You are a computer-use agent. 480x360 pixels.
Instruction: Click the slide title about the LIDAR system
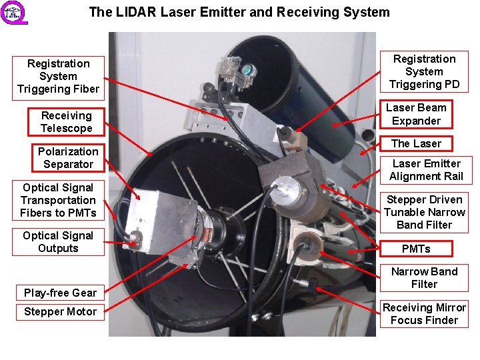[239, 12]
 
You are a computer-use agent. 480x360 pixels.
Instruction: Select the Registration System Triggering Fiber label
[58, 77]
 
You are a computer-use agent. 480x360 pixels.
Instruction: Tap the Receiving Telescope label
[66, 122]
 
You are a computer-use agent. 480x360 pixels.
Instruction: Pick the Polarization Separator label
[68, 158]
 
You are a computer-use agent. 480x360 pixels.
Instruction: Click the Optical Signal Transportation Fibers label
[58, 200]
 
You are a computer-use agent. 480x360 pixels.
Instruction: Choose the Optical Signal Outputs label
[58, 242]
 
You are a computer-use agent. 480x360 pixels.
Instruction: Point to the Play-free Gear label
[60, 293]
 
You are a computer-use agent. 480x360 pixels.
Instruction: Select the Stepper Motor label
[60, 311]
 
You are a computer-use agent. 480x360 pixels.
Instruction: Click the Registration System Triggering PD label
[424, 71]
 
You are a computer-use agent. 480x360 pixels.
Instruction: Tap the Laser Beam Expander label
[416, 114]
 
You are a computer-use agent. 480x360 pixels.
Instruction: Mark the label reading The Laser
[416, 143]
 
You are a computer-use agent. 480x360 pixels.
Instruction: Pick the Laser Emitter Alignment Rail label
[426, 170]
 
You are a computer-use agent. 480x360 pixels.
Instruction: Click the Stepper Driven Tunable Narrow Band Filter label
[424, 212]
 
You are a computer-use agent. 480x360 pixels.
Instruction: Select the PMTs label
[416, 249]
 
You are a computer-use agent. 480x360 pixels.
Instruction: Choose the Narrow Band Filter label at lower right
[424, 278]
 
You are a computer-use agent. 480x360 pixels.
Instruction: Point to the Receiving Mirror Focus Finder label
[424, 314]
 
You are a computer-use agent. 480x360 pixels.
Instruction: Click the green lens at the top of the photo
[246, 69]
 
